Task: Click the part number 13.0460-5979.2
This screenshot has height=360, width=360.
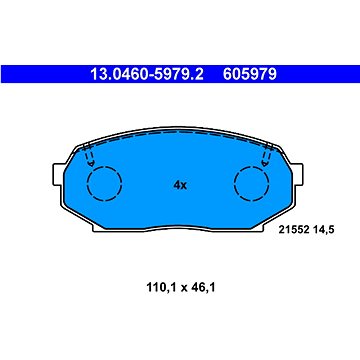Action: [x=147, y=74]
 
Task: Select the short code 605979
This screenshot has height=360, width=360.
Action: [x=250, y=74]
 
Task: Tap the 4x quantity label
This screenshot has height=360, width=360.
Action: [x=180, y=185]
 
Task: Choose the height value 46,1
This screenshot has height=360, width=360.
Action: [x=202, y=287]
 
